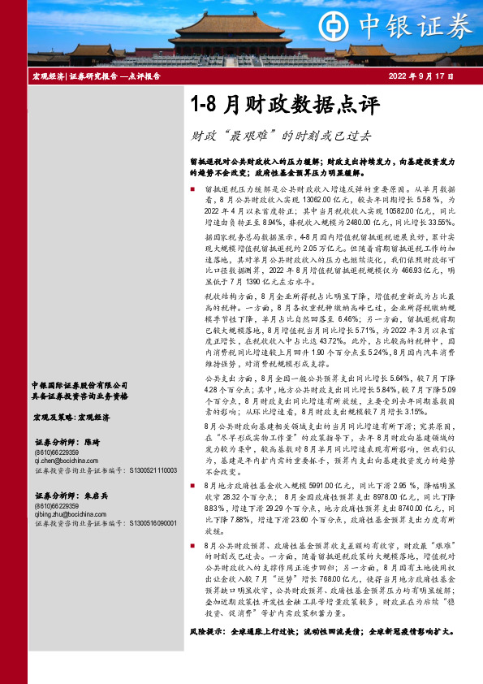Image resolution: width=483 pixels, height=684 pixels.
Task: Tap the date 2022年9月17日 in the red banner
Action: (x=428, y=76)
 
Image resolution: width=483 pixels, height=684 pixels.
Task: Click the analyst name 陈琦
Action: (x=92, y=442)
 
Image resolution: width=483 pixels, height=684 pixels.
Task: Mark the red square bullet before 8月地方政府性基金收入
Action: (x=192, y=483)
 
